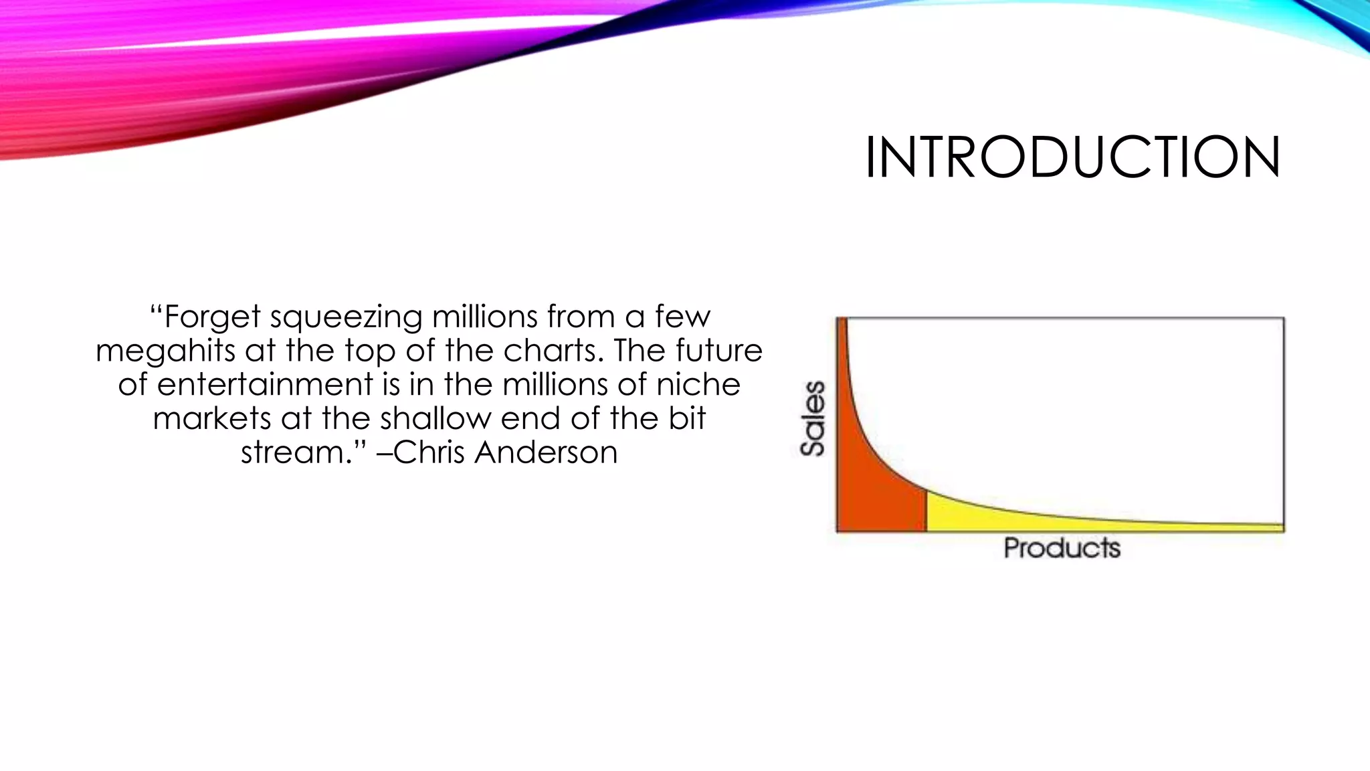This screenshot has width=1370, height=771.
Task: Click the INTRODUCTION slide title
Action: click(1072, 158)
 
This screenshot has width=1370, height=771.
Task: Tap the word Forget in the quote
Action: click(212, 317)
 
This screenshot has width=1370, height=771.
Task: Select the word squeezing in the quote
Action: click(346, 317)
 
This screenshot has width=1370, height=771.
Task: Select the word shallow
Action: click(435, 419)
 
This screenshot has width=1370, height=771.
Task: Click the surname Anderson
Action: click(546, 453)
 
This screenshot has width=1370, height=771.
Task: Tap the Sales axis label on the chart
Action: click(813, 419)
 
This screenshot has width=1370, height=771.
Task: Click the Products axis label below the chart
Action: click(1062, 548)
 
